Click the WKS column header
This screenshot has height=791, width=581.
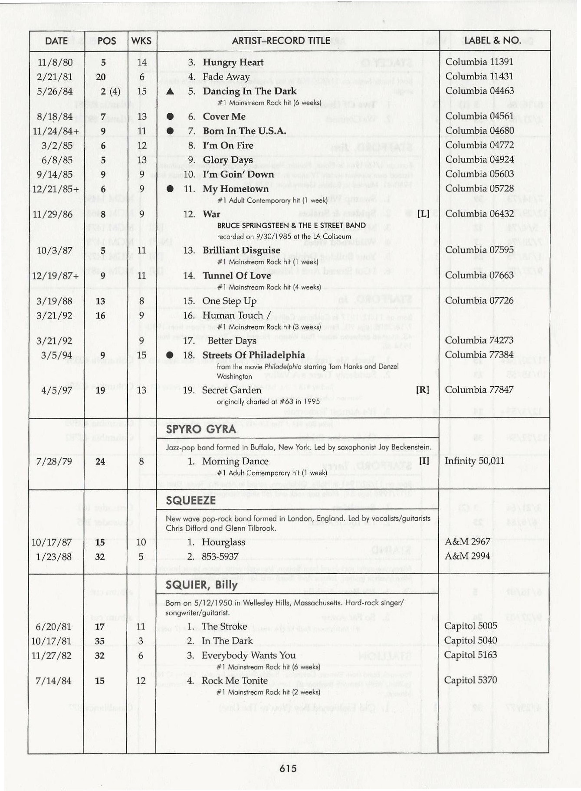click(x=141, y=41)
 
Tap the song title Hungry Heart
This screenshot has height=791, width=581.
click(x=233, y=62)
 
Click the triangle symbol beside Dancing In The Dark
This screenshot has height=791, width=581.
click(x=171, y=91)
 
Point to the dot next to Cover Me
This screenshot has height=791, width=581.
click(x=171, y=116)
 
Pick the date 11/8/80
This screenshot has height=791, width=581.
click(x=55, y=62)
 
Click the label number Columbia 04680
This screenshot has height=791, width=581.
click(x=479, y=131)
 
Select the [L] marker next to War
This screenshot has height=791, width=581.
click(x=423, y=213)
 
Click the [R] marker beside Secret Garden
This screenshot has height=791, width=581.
click(x=422, y=390)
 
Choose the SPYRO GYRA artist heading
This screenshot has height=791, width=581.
click(x=201, y=429)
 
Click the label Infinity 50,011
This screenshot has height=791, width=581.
click(x=474, y=460)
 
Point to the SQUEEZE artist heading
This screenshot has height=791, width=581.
click(x=190, y=500)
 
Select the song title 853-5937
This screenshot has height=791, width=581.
click(x=220, y=556)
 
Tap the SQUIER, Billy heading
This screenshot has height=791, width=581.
click(x=201, y=585)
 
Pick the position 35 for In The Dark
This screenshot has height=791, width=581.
click(x=100, y=641)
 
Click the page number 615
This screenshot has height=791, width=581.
click(x=288, y=768)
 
